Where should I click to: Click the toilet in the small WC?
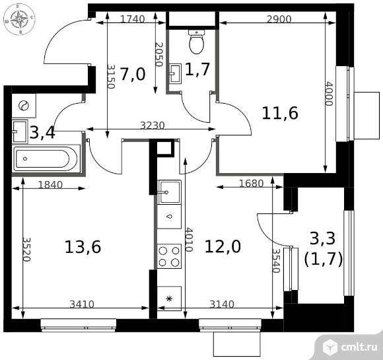click(196, 42)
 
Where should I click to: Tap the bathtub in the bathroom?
click(46, 159)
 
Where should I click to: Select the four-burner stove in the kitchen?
click(169, 256)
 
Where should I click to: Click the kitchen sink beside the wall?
click(169, 192)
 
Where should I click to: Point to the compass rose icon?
click(19, 19)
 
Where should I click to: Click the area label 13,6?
click(83, 247)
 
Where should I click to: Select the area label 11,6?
click(280, 113)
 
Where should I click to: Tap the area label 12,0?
click(223, 246)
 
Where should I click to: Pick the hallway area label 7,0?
click(133, 74)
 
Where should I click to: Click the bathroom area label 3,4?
click(42, 132)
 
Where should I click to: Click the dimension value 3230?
click(153, 126)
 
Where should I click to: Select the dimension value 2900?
click(279, 19)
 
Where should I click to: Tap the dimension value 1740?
click(133, 19)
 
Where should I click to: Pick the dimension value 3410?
click(82, 305)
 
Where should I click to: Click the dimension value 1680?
click(252, 183)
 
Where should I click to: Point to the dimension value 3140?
click(222, 305)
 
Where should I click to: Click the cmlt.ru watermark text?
click(358, 347)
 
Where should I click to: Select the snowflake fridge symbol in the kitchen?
click(169, 299)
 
